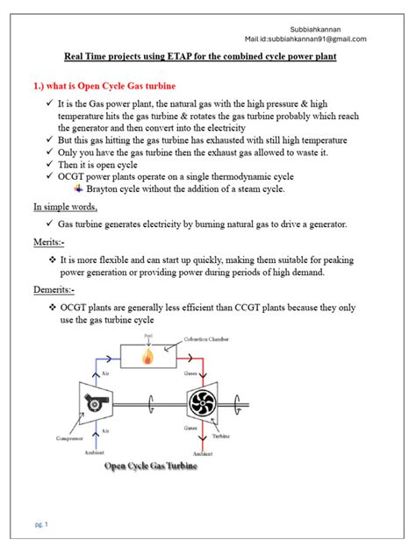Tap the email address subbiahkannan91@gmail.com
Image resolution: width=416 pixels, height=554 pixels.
click(320, 39)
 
